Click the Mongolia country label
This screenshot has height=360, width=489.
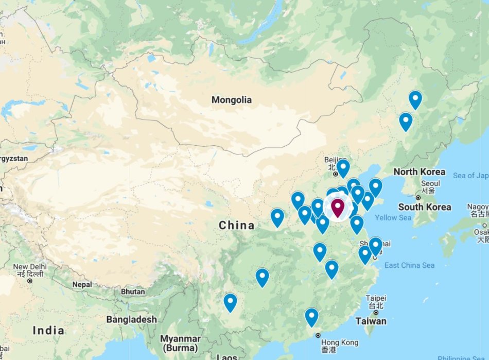tap(232, 99)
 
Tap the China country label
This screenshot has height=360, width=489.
tap(236, 225)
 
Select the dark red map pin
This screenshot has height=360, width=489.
tap(337, 208)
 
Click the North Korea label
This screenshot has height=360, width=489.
tap(419, 172)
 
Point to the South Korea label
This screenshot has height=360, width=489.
tap(425, 207)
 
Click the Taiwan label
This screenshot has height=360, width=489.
tap(371, 321)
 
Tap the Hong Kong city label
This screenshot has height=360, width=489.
tap(339, 342)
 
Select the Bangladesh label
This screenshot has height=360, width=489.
tap(131, 319)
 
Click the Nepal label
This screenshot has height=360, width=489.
tap(82, 284)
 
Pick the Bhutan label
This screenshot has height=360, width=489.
tap(133, 292)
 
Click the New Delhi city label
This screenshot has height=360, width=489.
tap(30, 267)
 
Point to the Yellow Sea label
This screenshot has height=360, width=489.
tap(393, 218)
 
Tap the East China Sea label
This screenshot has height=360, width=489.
tap(409, 265)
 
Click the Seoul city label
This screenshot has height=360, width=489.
tap(430, 183)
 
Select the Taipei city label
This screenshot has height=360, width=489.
tap(376, 298)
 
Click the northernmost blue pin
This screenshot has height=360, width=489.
tap(415, 98)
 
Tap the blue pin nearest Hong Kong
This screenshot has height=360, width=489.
tap(311, 316)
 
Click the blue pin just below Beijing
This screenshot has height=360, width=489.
tap(343, 167)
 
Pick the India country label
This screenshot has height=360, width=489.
tap(48, 330)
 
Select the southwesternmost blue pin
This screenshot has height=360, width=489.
tap(230, 301)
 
